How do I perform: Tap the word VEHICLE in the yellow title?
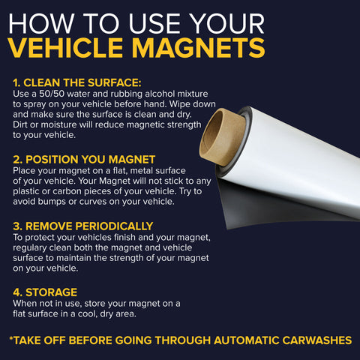point(66,47)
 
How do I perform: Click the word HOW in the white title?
point(41,23)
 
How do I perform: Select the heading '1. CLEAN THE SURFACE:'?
point(77,82)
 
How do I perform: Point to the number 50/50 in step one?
point(52,94)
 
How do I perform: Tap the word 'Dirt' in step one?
point(20,124)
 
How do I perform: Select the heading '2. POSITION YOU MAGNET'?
point(84,160)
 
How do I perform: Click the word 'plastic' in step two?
point(26,191)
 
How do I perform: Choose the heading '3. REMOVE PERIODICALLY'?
point(83,226)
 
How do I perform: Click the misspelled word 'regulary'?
point(30,248)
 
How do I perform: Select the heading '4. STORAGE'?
point(45,292)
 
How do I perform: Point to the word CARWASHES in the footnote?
point(317,340)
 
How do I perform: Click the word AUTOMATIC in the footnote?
point(247,340)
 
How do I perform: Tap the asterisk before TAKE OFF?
point(11,338)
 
